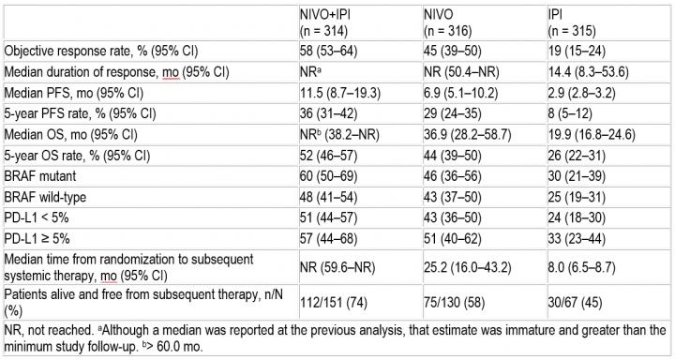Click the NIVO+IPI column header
click(x=325, y=22)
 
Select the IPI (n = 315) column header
click(x=572, y=22)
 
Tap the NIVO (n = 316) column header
click(x=448, y=22)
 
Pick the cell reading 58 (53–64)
click(x=328, y=52)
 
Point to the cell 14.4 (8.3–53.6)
click(x=588, y=72)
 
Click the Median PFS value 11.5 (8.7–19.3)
click(x=340, y=93)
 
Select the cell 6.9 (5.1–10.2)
click(x=461, y=93)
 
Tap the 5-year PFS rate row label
click(x=80, y=113)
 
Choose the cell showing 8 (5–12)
click(x=570, y=113)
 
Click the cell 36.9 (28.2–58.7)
click(x=468, y=135)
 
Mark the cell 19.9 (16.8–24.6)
click(x=592, y=135)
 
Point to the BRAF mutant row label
click(x=40, y=176)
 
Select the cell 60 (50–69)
click(x=328, y=176)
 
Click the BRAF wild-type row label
click(x=45, y=197)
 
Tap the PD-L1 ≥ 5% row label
click(x=37, y=238)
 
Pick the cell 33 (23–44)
click(x=577, y=238)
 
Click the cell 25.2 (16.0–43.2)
click(x=468, y=267)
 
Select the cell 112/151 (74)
click(x=334, y=302)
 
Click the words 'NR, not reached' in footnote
click(x=49, y=330)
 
